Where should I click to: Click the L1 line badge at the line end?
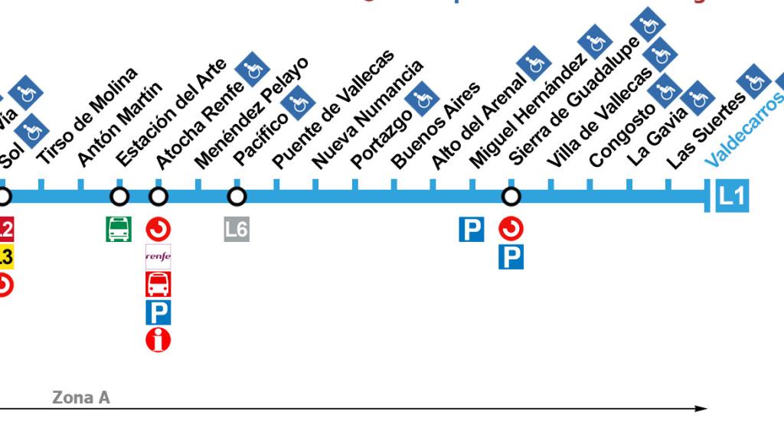[x=732, y=197]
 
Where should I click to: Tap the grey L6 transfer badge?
[x=237, y=229]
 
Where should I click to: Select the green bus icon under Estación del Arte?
[x=119, y=229]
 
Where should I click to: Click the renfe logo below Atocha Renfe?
[x=158, y=256]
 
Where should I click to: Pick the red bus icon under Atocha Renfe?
[x=158, y=284]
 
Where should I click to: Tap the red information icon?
[x=158, y=339]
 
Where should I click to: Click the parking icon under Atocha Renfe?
[x=158, y=312]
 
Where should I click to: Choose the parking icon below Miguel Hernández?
[x=472, y=229]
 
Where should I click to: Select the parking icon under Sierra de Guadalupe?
[x=511, y=256]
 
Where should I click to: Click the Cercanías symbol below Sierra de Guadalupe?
[x=511, y=228]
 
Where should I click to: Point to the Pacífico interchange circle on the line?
[x=237, y=197]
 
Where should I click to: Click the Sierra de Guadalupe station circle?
[x=511, y=197]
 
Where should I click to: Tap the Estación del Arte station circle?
[x=119, y=197]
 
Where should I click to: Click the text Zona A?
[x=81, y=397]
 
